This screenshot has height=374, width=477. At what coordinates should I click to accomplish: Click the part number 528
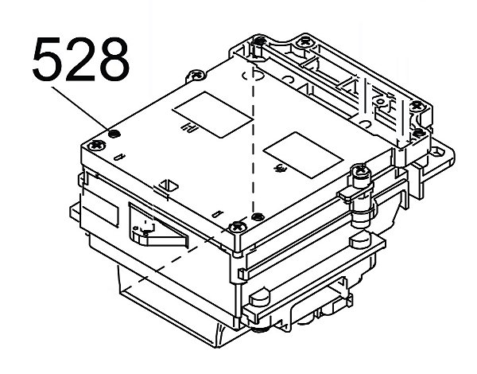80,60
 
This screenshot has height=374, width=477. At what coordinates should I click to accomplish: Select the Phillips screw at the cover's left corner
97,145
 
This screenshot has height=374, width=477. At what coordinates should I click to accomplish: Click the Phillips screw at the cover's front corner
236,228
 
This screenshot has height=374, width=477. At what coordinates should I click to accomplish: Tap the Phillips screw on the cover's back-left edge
196,76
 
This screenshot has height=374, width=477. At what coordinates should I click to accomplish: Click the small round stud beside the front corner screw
256,216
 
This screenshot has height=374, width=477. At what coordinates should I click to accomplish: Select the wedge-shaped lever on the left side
163,232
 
